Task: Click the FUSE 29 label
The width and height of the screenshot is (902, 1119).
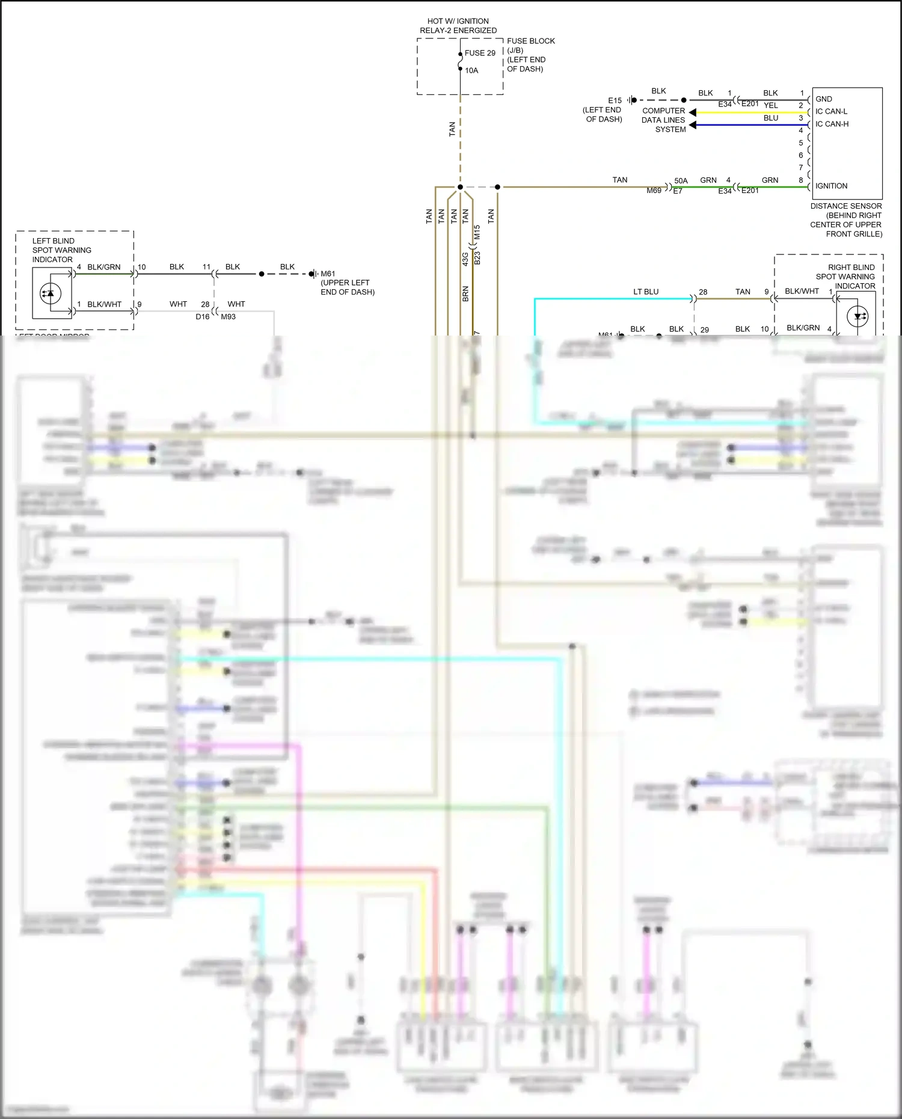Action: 480,53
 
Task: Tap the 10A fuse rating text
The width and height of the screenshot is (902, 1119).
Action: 471,70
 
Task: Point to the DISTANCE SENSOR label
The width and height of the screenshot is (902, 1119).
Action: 845,206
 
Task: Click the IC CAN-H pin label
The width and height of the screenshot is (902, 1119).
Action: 832,124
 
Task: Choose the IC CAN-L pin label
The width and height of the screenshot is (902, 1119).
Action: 831,111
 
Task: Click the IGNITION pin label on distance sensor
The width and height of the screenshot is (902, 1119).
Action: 831,186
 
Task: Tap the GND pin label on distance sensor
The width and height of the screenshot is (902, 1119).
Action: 823,99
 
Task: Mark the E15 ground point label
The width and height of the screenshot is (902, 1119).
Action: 615,100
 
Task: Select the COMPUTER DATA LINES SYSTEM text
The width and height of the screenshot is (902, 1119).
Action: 663,120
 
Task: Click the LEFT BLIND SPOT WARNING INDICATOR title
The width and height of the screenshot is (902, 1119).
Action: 61,250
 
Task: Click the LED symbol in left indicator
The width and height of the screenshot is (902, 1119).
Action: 50,293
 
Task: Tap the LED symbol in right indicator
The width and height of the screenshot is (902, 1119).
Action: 858,316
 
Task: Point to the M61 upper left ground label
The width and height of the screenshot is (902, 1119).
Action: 328,274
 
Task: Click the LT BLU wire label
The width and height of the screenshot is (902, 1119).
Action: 645,292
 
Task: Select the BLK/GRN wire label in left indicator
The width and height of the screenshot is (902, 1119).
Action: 103,267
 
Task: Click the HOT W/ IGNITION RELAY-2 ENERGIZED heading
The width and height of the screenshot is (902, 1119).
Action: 458,26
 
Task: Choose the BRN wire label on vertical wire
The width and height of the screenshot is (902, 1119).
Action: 465,293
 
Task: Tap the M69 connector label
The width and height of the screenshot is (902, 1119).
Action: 654,191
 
